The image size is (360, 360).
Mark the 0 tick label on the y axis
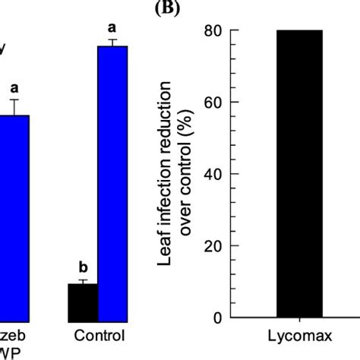(x=217, y=317)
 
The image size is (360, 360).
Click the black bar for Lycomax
(x=299, y=174)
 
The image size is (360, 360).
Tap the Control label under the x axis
(x=97, y=335)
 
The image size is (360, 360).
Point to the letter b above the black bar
(x=82, y=267)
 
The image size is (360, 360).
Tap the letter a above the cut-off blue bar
(x=14, y=87)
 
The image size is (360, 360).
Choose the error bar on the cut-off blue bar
(x=14, y=106)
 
